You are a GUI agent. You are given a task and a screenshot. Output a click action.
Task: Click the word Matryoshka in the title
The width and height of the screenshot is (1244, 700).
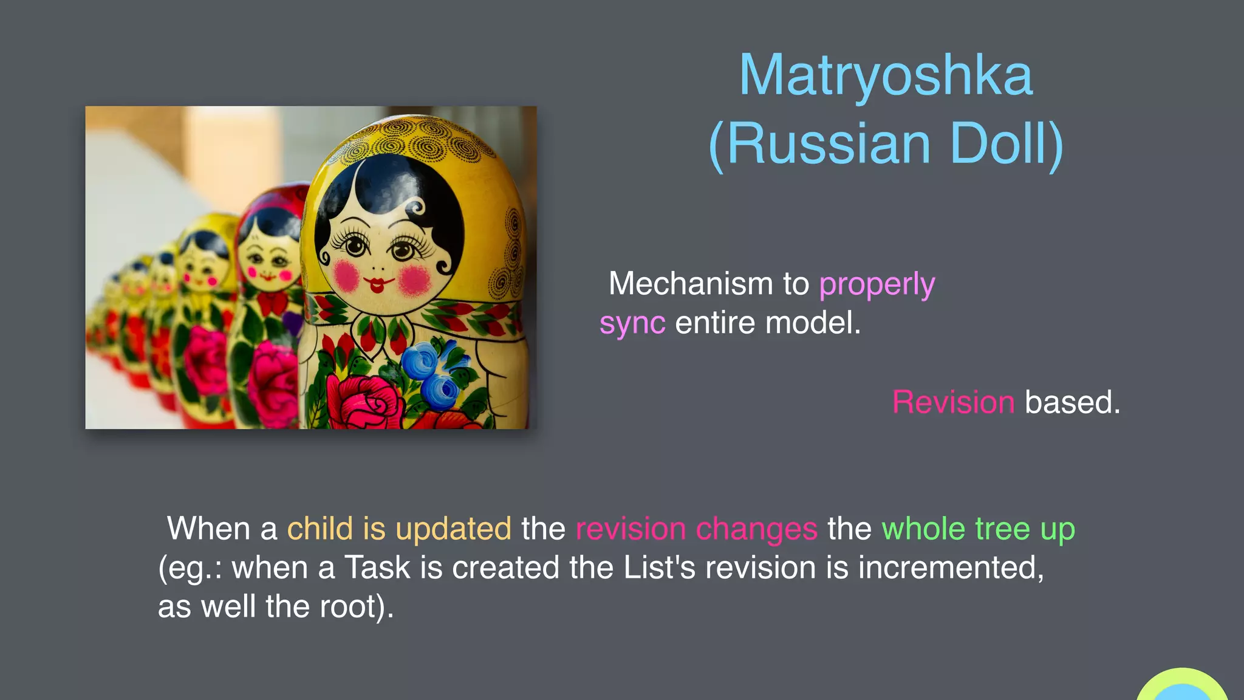pyautogui.click(x=886, y=76)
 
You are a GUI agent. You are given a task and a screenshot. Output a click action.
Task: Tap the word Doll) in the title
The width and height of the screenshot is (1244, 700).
pyautogui.click(x=1006, y=144)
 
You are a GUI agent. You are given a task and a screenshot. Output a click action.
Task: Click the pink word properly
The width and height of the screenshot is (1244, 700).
pyautogui.click(x=877, y=284)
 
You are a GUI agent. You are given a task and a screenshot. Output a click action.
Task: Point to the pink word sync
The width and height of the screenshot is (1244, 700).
pyautogui.click(x=632, y=323)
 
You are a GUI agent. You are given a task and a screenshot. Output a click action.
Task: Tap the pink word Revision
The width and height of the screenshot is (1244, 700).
pyautogui.click(x=953, y=402)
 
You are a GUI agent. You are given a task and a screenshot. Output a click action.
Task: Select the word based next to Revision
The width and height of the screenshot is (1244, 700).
pyautogui.click(x=1072, y=402)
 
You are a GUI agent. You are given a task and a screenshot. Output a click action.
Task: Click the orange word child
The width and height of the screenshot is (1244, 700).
pyautogui.click(x=320, y=528)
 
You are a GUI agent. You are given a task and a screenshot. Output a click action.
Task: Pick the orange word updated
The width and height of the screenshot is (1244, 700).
pyautogui.click(x=453, y=529)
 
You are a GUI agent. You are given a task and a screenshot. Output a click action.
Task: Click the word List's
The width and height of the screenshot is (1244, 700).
pyautogui.click(x=659, y=568)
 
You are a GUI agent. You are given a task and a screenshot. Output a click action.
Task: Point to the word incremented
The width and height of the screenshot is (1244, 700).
pyautogui.click(x=951, y=568)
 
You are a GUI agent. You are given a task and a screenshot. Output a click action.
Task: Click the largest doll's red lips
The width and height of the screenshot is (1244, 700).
pyautogui.click(x=377, y=284)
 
